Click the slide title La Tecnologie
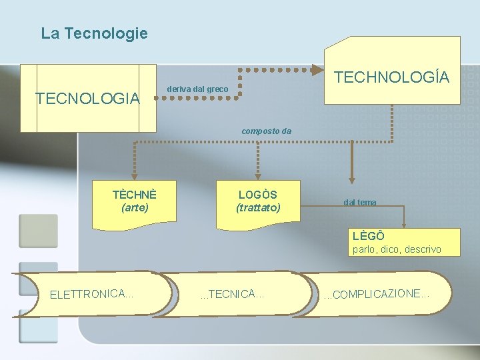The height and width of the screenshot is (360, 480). pyautogui.click(x=94, y=33)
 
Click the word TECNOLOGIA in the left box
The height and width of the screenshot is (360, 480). pyautogui.click(x=87, y=99)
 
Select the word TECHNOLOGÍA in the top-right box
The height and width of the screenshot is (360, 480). pyautogui.click(x=392, y=77)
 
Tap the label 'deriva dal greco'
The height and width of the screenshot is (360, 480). pyautogui.click(x=197, y=89)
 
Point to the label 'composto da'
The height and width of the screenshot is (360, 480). pyautogui.click(x=266, y=131)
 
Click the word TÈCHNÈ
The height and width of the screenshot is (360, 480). pyautogui.click(x=135, y=195)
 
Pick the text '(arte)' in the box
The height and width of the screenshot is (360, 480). pyautogui.click(x=135, y=207)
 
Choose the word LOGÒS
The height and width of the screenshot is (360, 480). pyautogui.click(x=258, y=195)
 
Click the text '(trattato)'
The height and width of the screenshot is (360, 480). pyautogui.click(x=258, y=208)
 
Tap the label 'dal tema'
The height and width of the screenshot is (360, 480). pyautogui.click(x=360, y=202)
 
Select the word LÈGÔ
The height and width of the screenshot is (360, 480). pyautogui.click(x=368, y=236)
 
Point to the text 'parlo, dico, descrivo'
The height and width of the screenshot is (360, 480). pyautogui.click(x=397, y=249)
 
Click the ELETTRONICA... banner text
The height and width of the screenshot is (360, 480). pyautogui.click(x=92, y=293)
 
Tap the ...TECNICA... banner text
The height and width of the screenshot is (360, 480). pyautogui.click(x=233, y=293)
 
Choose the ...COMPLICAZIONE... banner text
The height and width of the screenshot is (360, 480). pyautogui.click(x=377, y=294)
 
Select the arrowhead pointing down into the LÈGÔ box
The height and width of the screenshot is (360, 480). pyautogui.click(x=402, y=224)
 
